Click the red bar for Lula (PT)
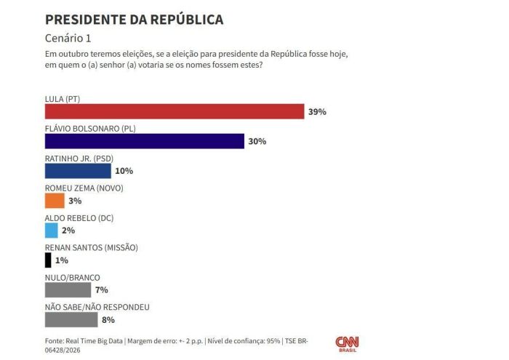(x=175, y=111)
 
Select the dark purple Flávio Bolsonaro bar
(x=144, y=141)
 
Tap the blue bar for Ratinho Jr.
(x=78, y=171)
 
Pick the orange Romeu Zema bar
(x=55, y=201)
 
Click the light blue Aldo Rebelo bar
(x=51, y=231)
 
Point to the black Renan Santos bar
(x=48, y=260)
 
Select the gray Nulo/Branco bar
(x=68, y=289)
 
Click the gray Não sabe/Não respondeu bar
(x=71, y=319)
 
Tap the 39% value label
(x=317, y=112)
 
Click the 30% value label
(x=257, y=141)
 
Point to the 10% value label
(x=124, y=171)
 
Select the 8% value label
(x=108, y=319)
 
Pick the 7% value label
(x=101, y=289)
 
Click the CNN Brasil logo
(x=347, y=343)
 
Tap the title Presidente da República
(x=134, y=19)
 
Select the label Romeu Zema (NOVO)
(x=84, y=188)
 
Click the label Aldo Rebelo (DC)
(x=79, y=217)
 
